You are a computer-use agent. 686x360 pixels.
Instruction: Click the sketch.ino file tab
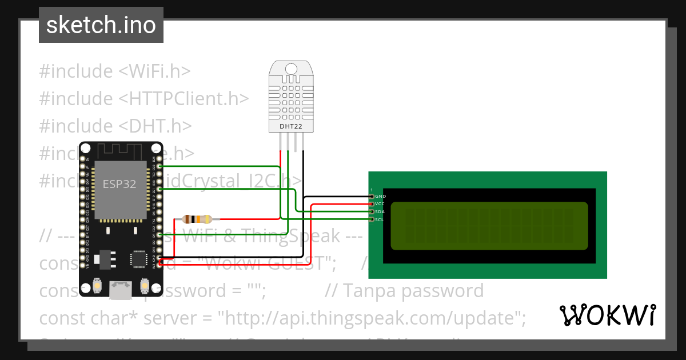101,25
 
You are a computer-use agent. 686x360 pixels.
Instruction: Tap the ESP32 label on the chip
119,184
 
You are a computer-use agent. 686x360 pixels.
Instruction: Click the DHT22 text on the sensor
291,126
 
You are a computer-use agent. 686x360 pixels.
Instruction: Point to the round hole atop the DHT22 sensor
291,70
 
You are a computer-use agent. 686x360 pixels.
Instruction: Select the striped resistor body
197,219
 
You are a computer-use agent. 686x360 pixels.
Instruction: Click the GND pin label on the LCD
381,197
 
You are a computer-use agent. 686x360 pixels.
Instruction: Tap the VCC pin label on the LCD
380,204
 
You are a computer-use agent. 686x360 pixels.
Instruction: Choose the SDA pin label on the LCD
380,212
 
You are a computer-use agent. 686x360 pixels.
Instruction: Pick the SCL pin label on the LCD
380,219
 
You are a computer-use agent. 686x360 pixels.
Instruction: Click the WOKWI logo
607,315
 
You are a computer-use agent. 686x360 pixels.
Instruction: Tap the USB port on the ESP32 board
121,290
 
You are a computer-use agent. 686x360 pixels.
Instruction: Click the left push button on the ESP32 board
97,285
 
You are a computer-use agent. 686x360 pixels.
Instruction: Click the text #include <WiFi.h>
115,71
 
